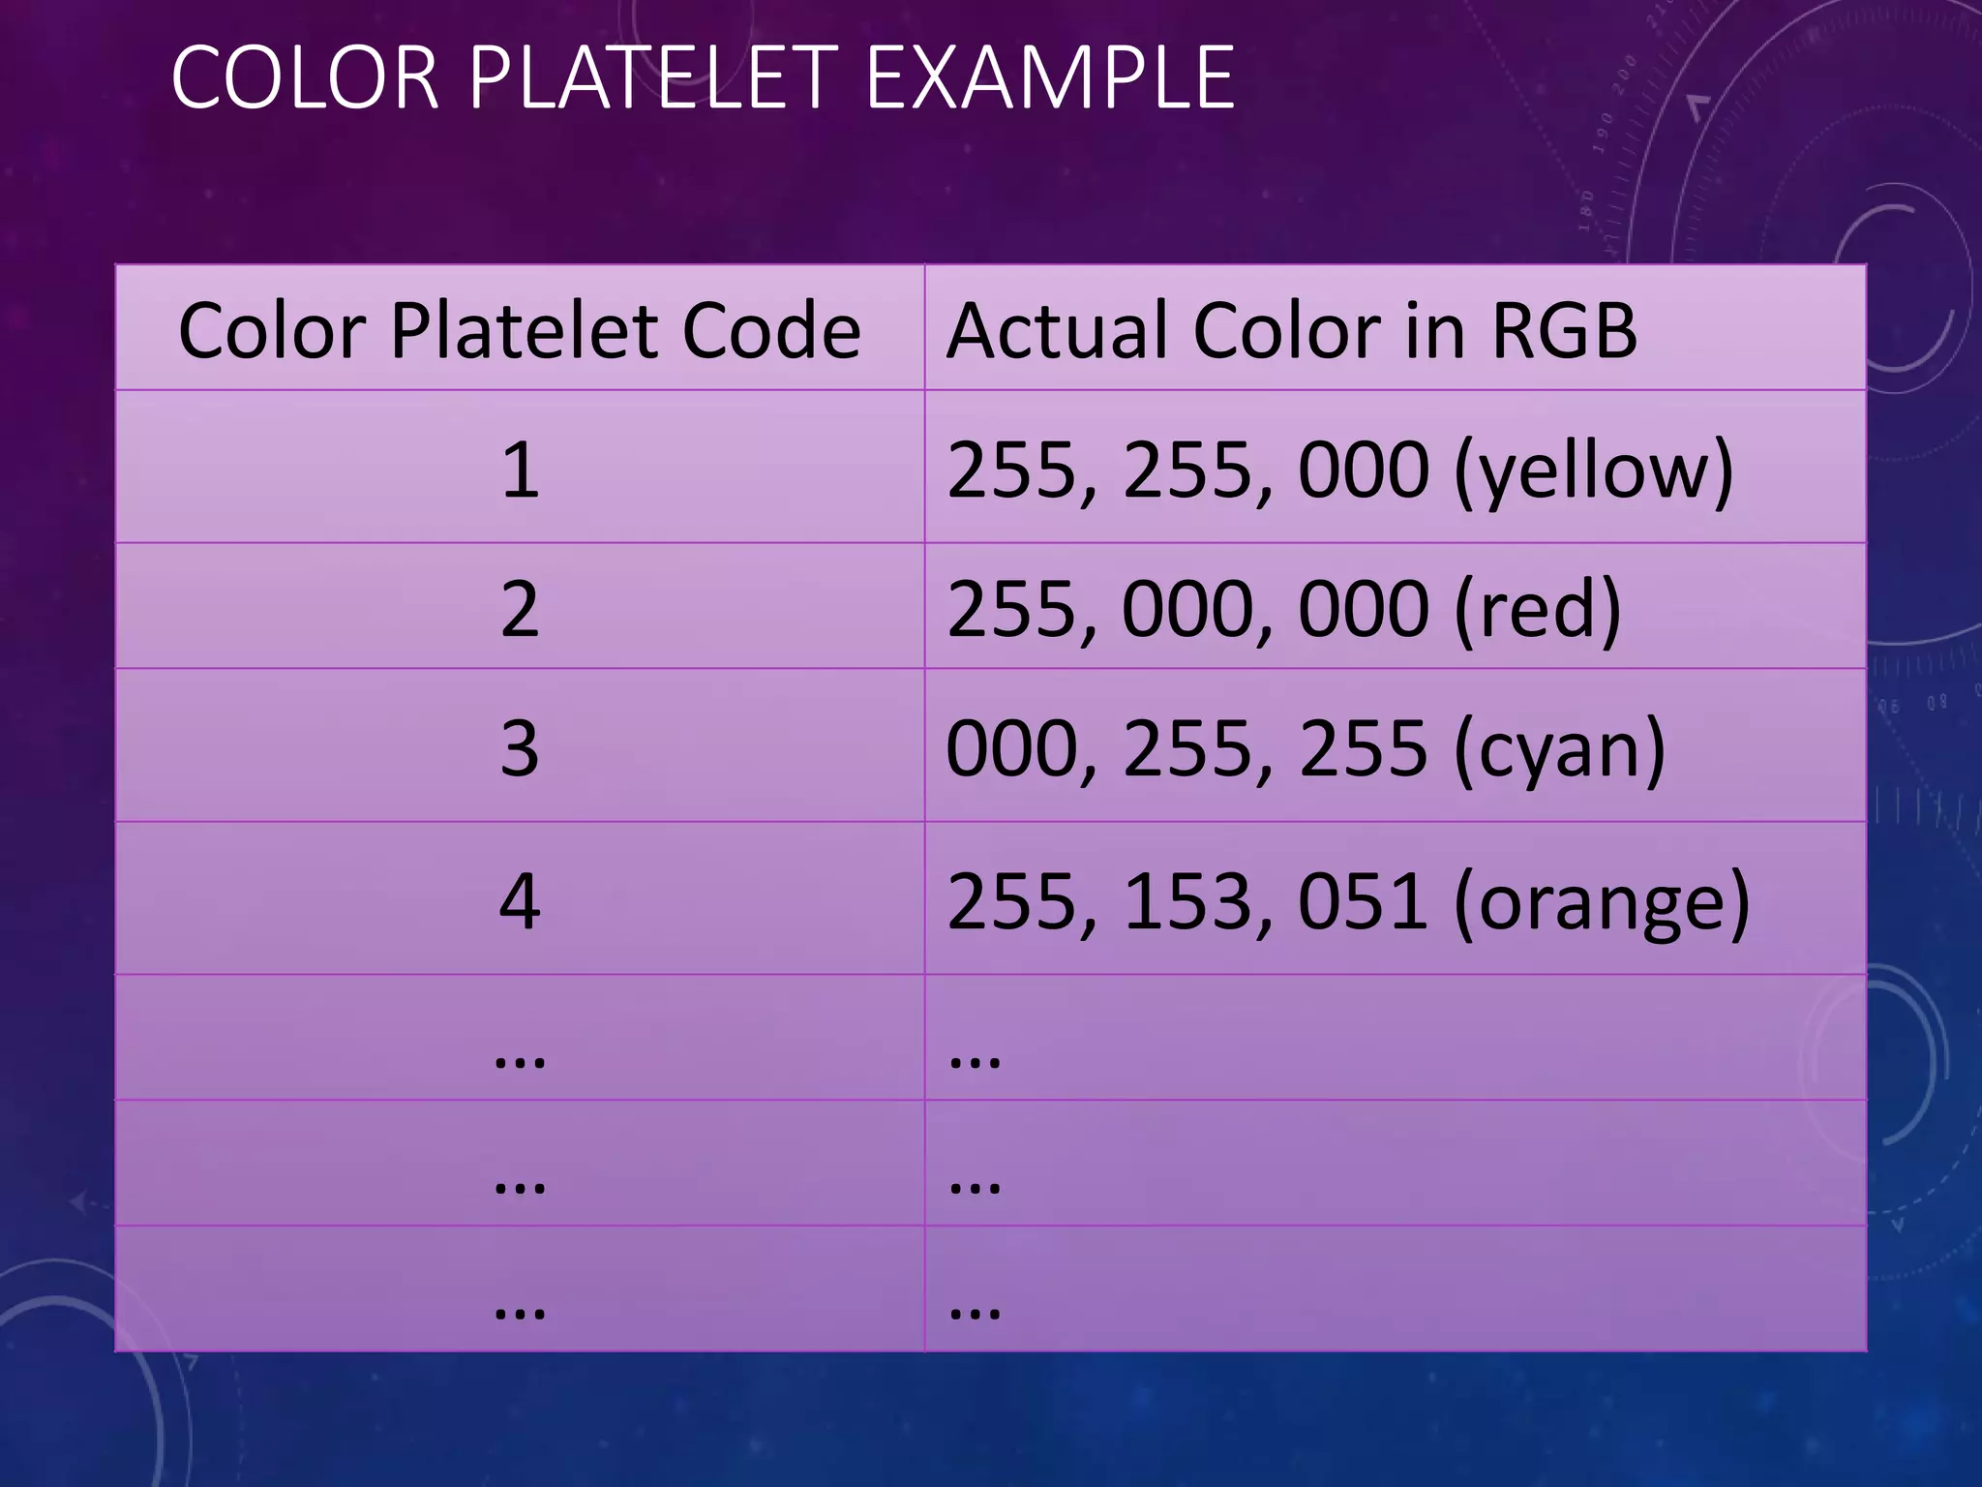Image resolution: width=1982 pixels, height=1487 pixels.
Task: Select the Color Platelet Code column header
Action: (520, 331)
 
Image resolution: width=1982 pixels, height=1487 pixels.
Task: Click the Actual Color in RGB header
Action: (1291, 331)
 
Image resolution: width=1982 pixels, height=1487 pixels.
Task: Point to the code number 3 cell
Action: (520, 748)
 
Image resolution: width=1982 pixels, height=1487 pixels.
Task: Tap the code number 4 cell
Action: (520, 901)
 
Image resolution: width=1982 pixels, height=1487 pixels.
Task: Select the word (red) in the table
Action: (1537, 611)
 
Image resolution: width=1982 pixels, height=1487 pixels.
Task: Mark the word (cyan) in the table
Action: (1559, 750)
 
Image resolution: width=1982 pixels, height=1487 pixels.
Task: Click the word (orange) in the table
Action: (1602, 903)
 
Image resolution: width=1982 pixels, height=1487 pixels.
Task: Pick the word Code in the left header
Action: (771, 331)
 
